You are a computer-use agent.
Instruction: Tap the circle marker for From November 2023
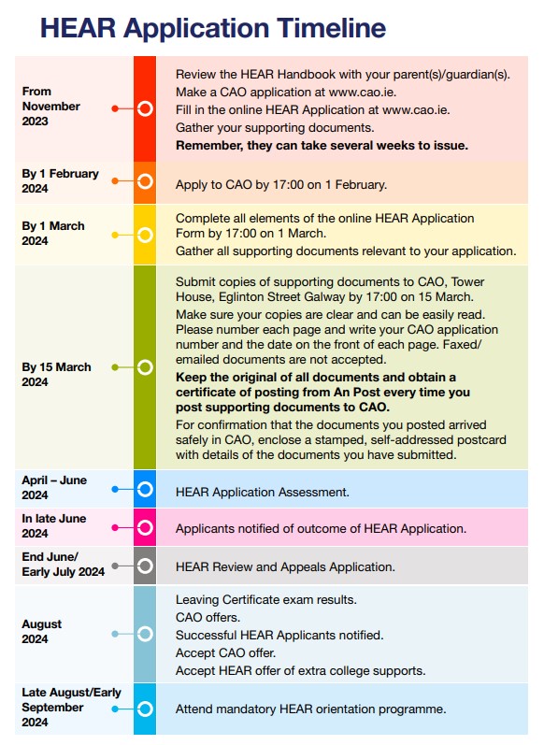click(145, 108)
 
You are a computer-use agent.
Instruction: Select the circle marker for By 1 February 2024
click(145, 181)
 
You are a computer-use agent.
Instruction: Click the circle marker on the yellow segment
click(145, 235)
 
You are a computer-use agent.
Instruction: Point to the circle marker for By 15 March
click(145, 367)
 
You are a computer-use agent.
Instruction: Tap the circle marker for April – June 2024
click(145, 488)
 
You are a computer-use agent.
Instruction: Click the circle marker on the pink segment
click(145, 527)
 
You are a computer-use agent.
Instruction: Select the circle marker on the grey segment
click(145, 566)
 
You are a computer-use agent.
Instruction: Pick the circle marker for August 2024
click(145, 634)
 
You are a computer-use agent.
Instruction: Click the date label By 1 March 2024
click(53, 234)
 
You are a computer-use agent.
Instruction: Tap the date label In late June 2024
click(54, 526)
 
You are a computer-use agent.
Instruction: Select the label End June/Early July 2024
click(63, 565)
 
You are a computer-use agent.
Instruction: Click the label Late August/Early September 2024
click(71, 708)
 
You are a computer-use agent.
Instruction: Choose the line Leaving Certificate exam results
click(265, 599)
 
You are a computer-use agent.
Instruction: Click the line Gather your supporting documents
click(275, 127)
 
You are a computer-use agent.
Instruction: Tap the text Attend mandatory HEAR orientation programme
click(310, 709)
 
